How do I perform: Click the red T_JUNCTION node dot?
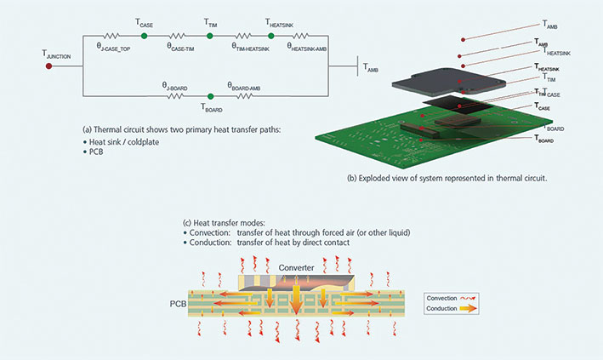pyautogui.click(x=48, y=65)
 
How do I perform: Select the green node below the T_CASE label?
pyautogui.click(x=144, y=37)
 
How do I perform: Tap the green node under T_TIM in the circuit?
pyautogui.click(x=211, y=37)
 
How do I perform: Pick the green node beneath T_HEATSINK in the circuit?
pyautogui.click(x=278, y=37)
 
